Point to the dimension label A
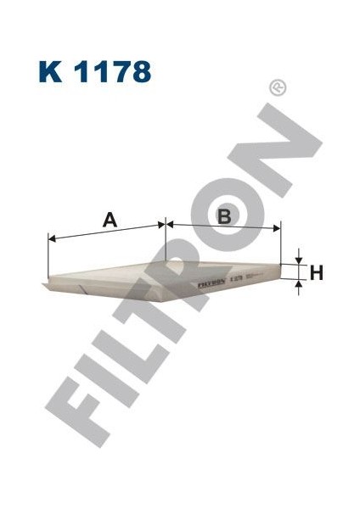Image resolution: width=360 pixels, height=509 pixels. pos(109,220)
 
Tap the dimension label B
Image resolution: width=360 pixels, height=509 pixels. pos(224,216)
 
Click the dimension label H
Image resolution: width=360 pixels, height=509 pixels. pos(316,272)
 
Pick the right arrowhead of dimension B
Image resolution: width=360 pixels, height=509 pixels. pos(277,226)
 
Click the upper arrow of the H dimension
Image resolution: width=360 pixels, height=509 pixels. pos(299,259)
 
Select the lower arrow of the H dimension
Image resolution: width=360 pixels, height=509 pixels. pos(299,286)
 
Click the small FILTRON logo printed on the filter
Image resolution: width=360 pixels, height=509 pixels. pos(210,282)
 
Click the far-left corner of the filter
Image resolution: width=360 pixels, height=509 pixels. pos(43,280)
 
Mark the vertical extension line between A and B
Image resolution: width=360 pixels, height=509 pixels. pos(165,243)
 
